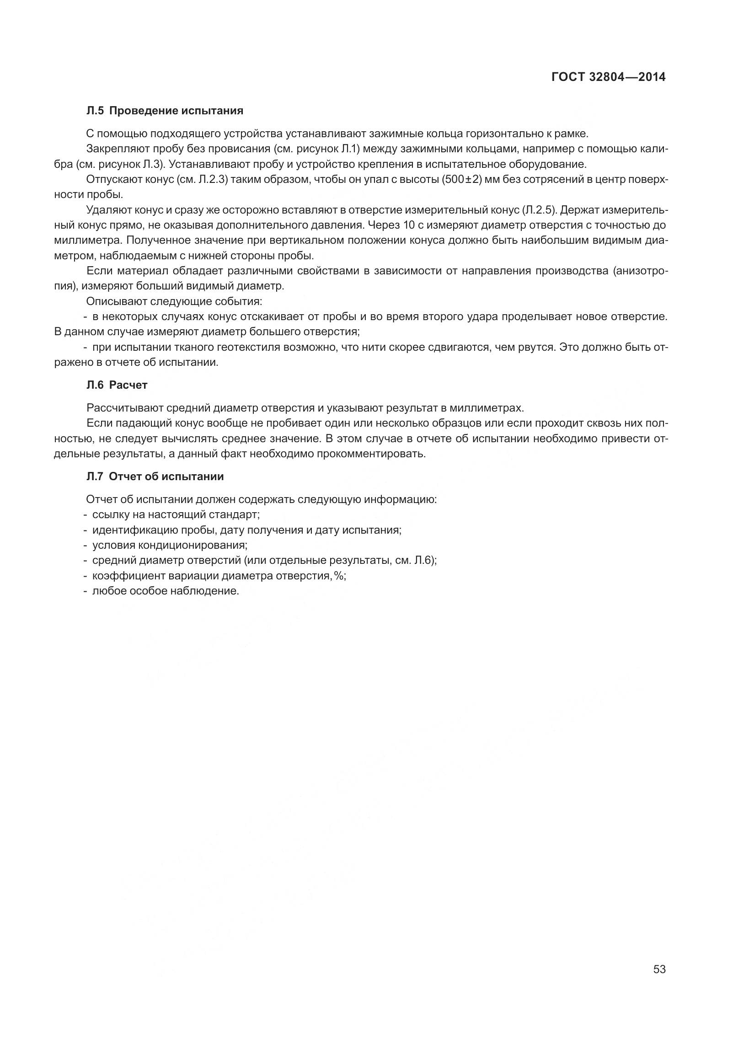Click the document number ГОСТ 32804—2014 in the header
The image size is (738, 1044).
(608, 77)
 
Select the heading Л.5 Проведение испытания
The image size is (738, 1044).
(165, 111)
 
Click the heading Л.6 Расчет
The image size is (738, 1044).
(117, 385)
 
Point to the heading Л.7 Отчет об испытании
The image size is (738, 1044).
(155, 476)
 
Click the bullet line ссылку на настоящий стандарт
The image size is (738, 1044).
(176, 514)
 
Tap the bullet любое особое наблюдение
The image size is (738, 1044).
(166, 591)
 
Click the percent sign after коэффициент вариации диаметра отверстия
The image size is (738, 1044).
(339, 576)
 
